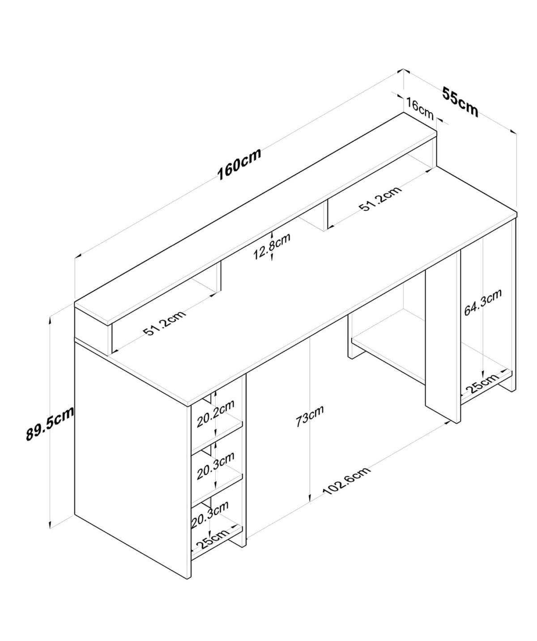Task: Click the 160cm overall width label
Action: click(x=239, y=164)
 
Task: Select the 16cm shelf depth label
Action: click(x=420, y=109)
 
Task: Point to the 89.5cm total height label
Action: click(x=50, y=423)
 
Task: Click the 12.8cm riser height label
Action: click(x=272, y=246)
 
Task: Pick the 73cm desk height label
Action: click(x=310, y=416)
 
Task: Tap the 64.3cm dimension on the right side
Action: click(x=482, y=302)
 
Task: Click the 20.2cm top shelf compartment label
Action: click(x=215, y=413)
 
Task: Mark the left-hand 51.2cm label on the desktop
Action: click(x=165, y=323)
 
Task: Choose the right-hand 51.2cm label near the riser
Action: click(x=380, y=198)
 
